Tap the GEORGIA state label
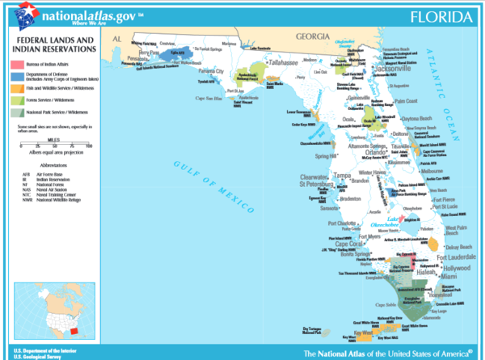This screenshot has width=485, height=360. [x=310, y=36]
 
